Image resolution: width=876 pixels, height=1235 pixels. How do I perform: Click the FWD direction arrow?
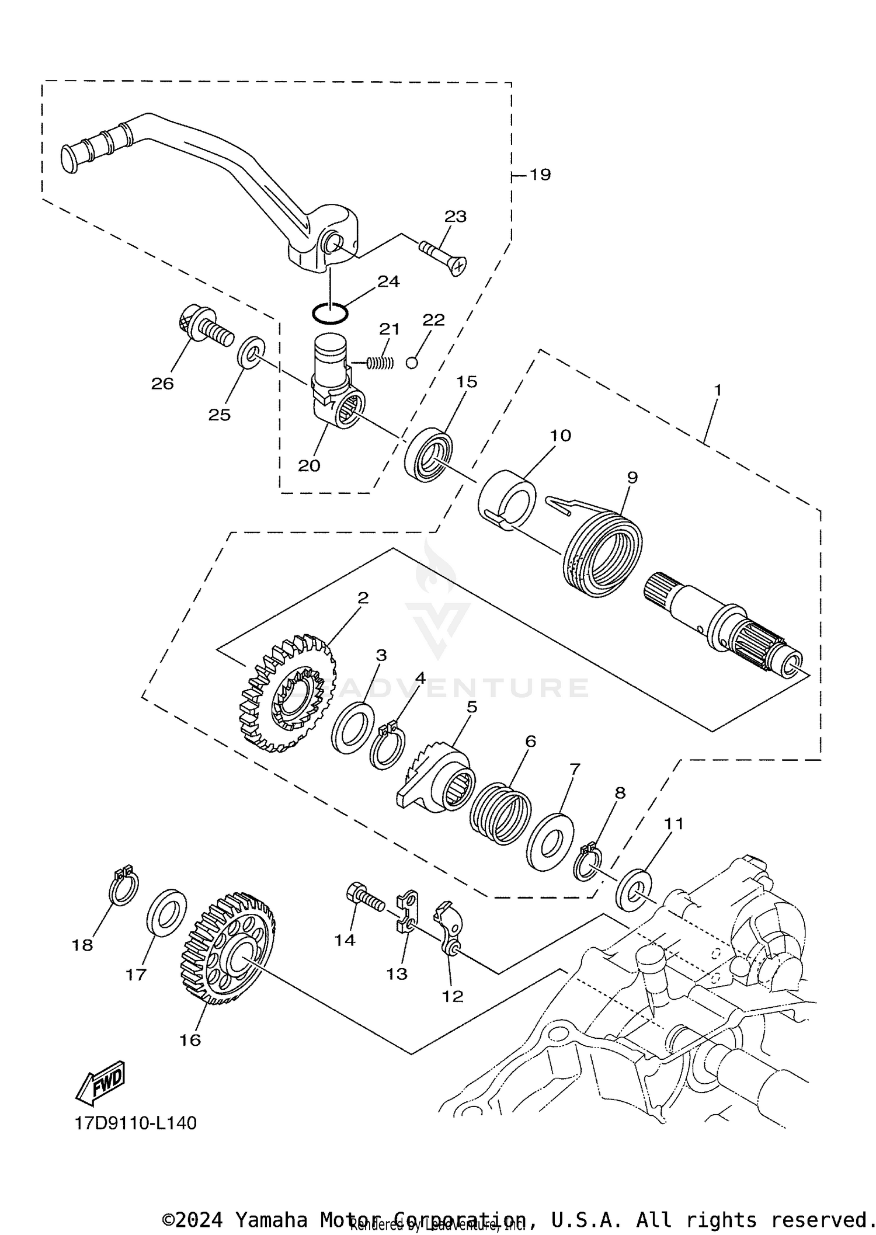(x=100, y=1082)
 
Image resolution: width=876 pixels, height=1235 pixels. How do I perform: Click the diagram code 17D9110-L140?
(x=135, y=1123)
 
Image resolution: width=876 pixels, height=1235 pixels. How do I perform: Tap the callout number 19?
(x=540, y=175)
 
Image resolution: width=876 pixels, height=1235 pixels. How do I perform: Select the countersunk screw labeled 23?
(x=442, y=256)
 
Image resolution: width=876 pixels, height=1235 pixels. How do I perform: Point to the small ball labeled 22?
(x=412, y=363)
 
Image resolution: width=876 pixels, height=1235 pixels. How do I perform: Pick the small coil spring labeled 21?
(x=380, y=363)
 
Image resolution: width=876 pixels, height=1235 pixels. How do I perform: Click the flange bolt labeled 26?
(x=205, y=326)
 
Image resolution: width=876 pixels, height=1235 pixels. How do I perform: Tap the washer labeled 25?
(x=251, y=352)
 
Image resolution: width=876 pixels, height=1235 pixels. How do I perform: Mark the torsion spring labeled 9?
(x=603, y=551)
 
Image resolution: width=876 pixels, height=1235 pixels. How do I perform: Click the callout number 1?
(x=718, y=389)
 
